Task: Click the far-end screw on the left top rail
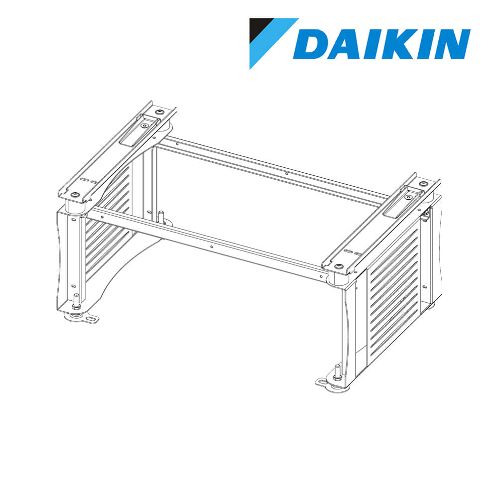[x=158, y=112]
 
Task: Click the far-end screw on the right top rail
[x=424, y=184]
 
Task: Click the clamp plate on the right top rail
[x=406, y=199]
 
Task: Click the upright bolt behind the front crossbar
[x=160, y=217]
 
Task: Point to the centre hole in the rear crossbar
[x=286, y=174]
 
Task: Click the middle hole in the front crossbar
[x=212, y=246]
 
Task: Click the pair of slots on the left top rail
[x=85, y=180]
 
